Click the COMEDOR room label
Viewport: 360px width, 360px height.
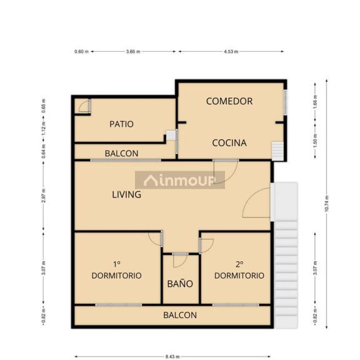point(229,101)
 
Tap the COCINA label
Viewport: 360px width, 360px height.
point(229,143)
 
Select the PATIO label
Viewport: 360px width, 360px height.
point(121,124)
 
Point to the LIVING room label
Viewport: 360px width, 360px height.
point(126,194)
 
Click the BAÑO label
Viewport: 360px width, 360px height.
point(180,284)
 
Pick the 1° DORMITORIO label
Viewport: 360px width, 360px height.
point(116,270)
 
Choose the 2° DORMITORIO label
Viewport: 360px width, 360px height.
point(239,270)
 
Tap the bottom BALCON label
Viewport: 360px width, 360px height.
point(180,315)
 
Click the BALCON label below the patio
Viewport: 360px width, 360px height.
point(121,154)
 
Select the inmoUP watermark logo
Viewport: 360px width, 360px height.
point(180,180)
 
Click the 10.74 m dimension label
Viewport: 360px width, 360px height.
point(327,204)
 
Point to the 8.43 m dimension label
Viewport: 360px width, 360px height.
point(172,356)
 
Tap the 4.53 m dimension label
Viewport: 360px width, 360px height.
point(231,52)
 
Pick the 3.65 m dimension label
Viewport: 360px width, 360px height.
point(133,52)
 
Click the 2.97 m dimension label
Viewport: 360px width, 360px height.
point(44,196)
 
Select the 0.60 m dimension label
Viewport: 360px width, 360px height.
point(81,52)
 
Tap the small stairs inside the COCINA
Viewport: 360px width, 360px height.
point(277,151)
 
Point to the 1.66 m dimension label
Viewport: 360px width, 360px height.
point(315,102)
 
